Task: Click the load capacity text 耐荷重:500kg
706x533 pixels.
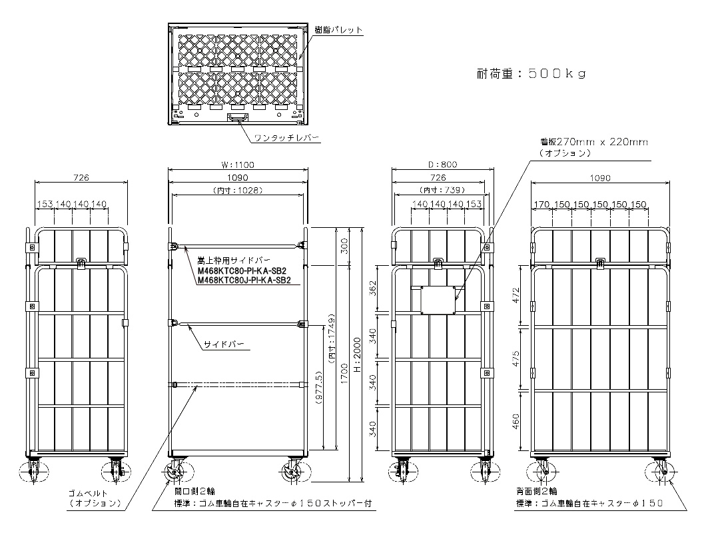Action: [531, 74]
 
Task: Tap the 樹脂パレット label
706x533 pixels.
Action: [338, 30]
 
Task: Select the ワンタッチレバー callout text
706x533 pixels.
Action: [286, 139]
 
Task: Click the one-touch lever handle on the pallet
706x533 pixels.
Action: [238, 118]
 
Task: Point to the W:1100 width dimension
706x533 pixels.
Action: [237, 165]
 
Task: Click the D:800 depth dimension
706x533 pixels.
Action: [443, 165]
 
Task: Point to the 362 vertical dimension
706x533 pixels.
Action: [374, 288]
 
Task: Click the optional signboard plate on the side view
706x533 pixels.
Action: [437, 299]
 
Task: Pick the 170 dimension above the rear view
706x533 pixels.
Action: [541, 204]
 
